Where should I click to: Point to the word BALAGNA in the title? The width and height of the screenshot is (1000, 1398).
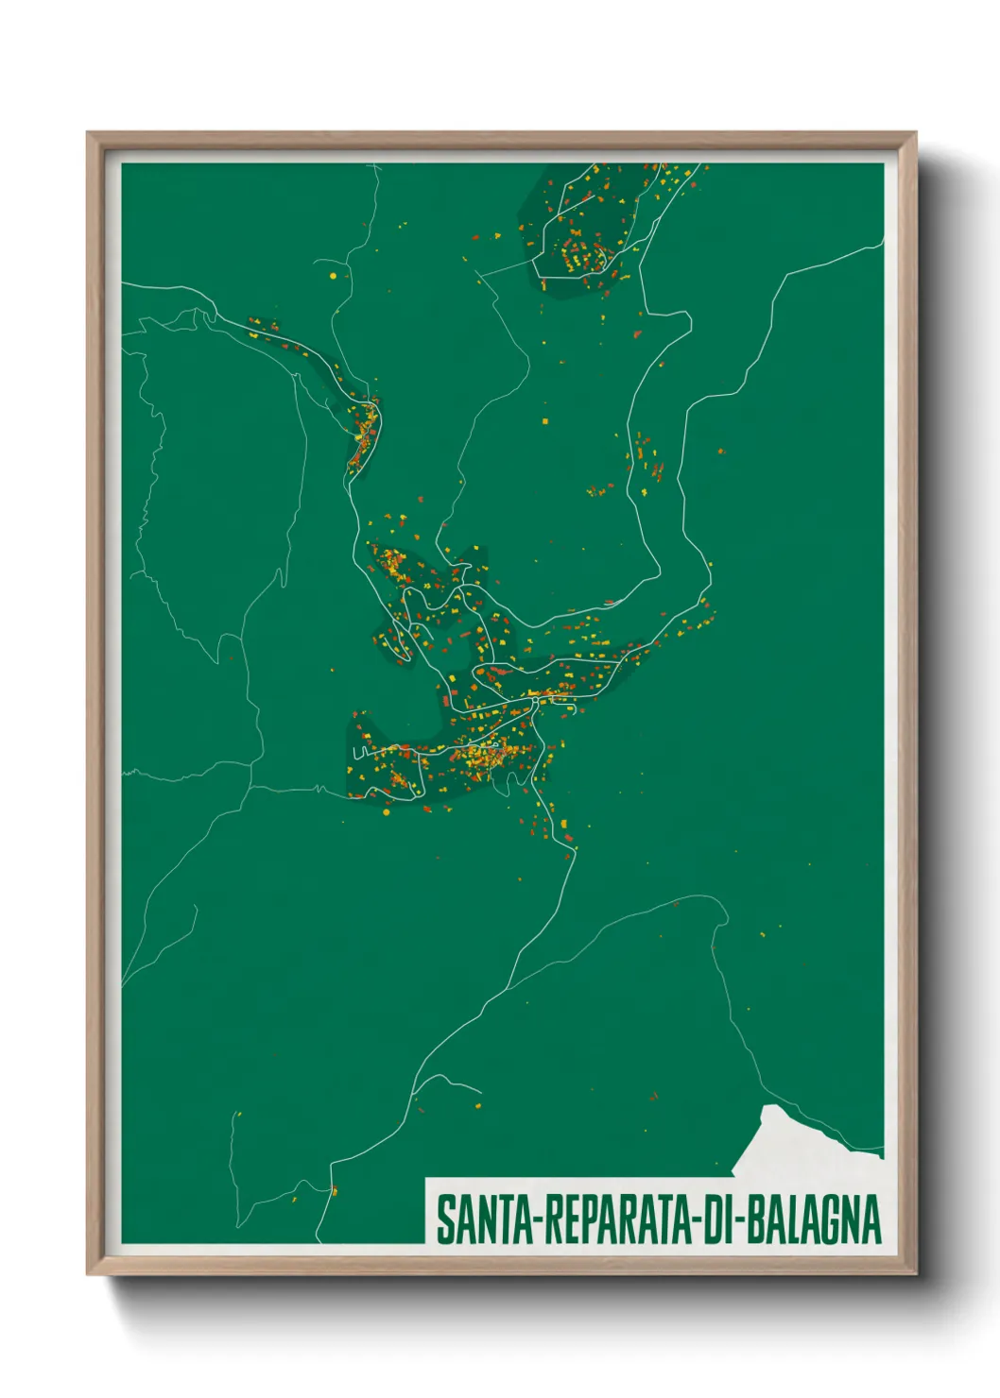[x=814, y=1219]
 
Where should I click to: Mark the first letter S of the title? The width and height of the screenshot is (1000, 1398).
[x=444, y=1219]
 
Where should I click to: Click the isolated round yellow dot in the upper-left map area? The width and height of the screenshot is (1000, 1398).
[x=333, y=276]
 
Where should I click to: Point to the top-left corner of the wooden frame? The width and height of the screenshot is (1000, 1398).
[x=89, y=134]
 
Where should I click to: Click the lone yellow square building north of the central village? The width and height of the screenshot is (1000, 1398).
[x=544, y=420]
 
